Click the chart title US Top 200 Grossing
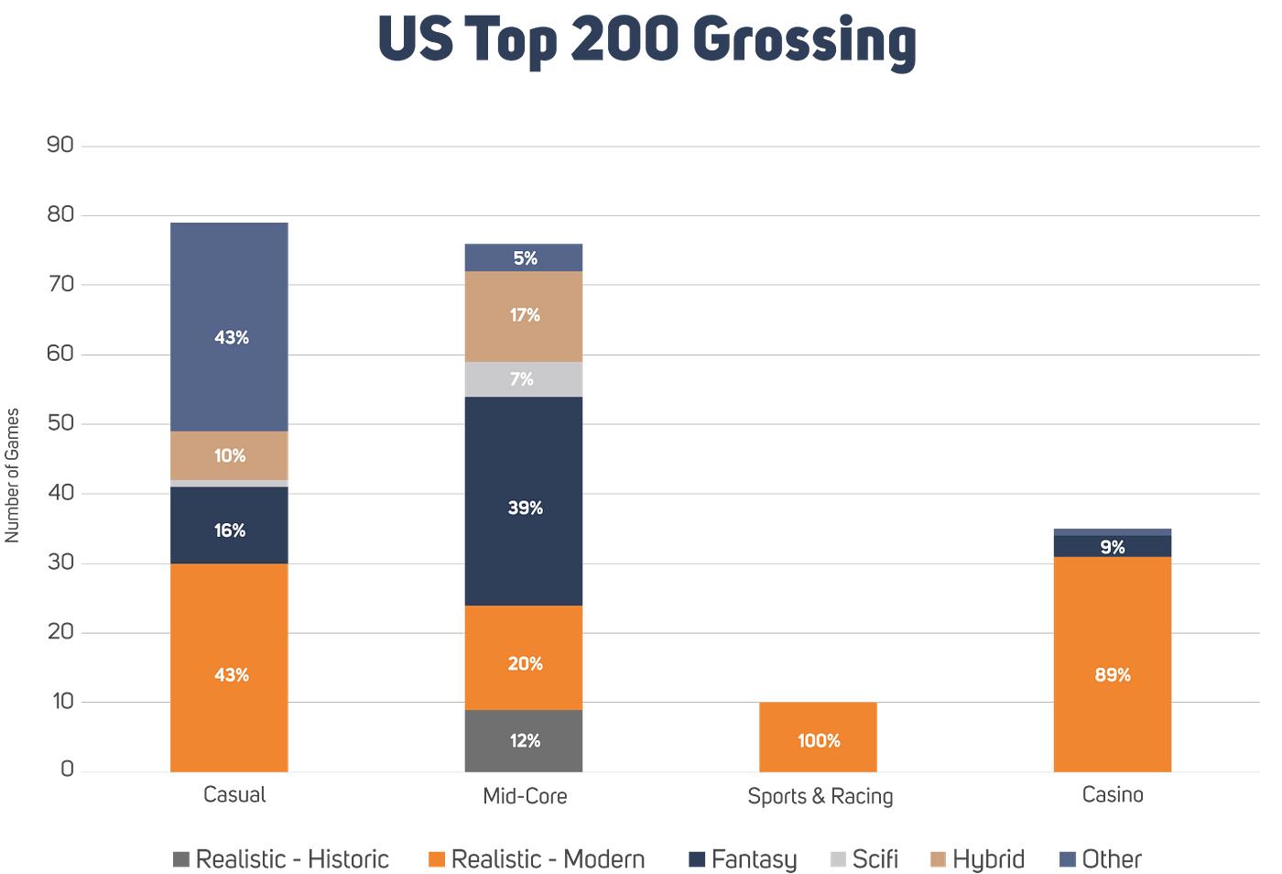click(x=646, y=41)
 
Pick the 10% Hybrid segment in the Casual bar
click(x=230, y=455)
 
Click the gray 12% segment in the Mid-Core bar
click(x=524, y=740)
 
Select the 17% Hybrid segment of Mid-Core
click(x=524, y=316)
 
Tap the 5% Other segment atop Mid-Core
click(x=524, y=257)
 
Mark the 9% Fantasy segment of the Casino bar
click(x=1112, y=547)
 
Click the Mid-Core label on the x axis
click(x=525, y=797)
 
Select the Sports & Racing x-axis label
click(x=820, y=797)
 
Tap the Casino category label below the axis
click(x=1112, y=795)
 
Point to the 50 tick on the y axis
click(x=61, y=423)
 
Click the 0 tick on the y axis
click(x=66, y=769)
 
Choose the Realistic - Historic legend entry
click(x=281, y=858)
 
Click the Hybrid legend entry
click(x=977, y=858)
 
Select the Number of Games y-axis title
click(x=13, y=475)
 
